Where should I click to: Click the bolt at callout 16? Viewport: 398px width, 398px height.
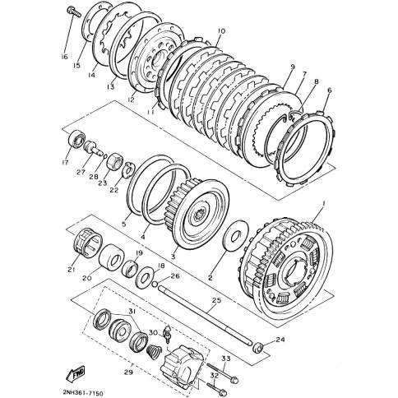pos(73,12)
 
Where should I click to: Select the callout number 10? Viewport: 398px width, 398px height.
pos(221,31)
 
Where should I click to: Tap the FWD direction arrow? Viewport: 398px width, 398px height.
pos(76,374)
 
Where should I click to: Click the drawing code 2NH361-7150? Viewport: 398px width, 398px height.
pos(82,393)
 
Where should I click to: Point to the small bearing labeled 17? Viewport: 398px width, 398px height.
pos(76,140)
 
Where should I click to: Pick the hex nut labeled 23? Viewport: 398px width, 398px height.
pos(114,162)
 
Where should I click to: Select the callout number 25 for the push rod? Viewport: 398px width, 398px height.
pos(216,300)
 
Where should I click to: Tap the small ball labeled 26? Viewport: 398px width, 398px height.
pos(155,285)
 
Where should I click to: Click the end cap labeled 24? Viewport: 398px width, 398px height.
pos(258,347)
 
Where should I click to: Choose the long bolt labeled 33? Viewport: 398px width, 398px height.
pos(222,373)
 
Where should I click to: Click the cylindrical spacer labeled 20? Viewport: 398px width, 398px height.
pos(111,257)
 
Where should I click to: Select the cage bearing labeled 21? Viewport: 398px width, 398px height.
pos(88,243)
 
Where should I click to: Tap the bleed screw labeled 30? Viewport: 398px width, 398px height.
pos(168,333)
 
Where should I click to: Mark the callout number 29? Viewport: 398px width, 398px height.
pos(128,373)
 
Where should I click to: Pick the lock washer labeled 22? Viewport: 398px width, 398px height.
pos(128,170)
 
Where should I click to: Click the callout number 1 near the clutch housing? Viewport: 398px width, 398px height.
pos(324,204)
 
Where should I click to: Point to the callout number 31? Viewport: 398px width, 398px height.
pos(132,312)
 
